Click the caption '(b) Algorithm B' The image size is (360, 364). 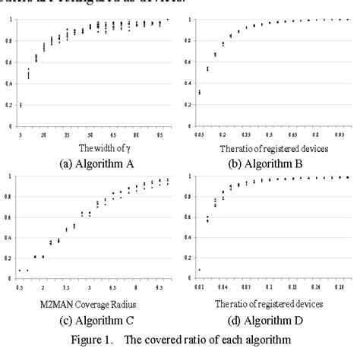(x=267, y=161)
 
